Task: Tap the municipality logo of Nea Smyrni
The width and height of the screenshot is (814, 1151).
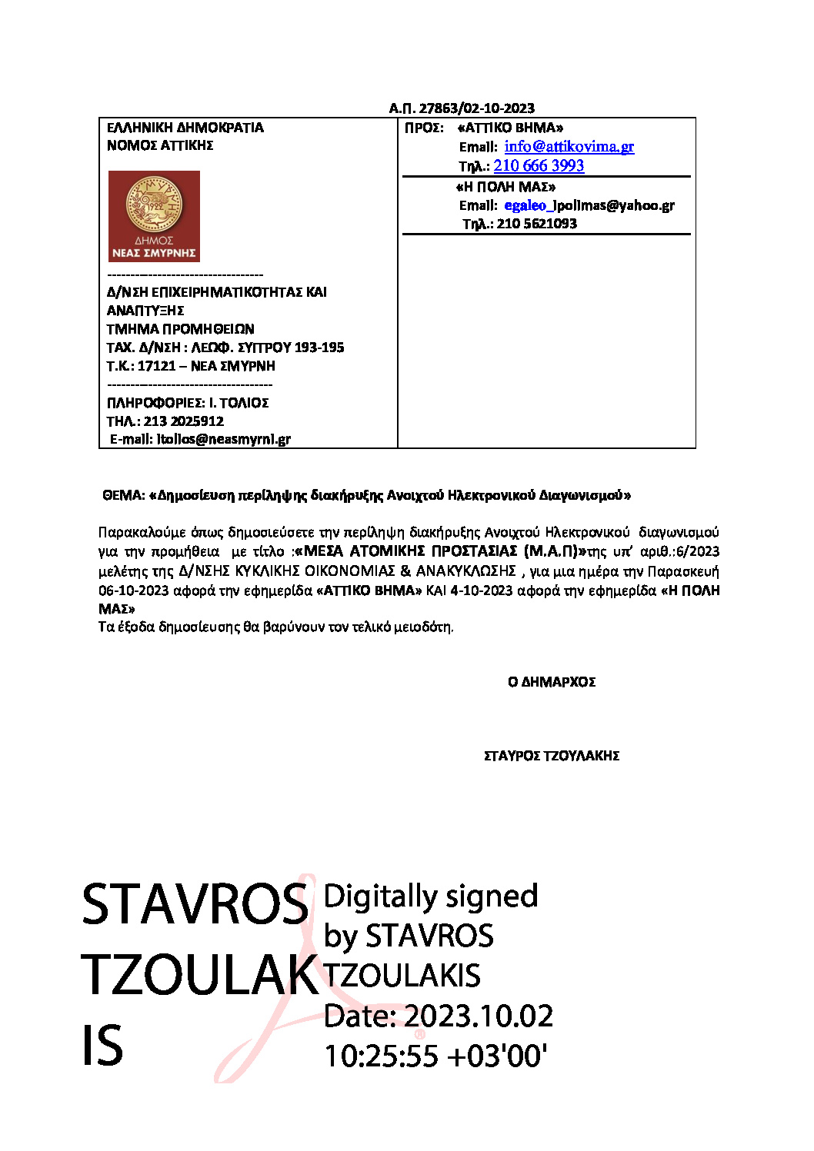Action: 154,216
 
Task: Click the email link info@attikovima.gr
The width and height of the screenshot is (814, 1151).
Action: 569,147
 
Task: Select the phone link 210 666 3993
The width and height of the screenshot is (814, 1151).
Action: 539,166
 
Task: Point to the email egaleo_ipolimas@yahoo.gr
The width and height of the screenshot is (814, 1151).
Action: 589,205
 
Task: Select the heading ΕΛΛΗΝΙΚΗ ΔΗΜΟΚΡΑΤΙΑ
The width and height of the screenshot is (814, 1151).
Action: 185,128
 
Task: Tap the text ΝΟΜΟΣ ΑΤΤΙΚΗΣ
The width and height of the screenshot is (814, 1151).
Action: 160,145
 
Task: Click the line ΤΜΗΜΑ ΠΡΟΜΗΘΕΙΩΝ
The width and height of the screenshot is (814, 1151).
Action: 180,329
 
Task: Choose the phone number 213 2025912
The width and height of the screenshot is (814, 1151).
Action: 184,421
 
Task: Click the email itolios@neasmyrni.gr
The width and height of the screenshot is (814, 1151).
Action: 224,440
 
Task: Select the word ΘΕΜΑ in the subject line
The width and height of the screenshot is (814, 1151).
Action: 123,496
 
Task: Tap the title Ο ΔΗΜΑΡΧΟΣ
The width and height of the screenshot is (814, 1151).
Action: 552,682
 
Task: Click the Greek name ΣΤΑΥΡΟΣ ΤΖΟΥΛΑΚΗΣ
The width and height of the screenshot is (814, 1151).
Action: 552,756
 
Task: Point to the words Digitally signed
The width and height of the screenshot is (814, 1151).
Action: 430,897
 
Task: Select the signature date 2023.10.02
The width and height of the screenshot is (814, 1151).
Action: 479,1016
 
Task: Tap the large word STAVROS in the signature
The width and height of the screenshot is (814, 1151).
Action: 195,905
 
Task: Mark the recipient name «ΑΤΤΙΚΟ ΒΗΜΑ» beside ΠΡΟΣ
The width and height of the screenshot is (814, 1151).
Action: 510,128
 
